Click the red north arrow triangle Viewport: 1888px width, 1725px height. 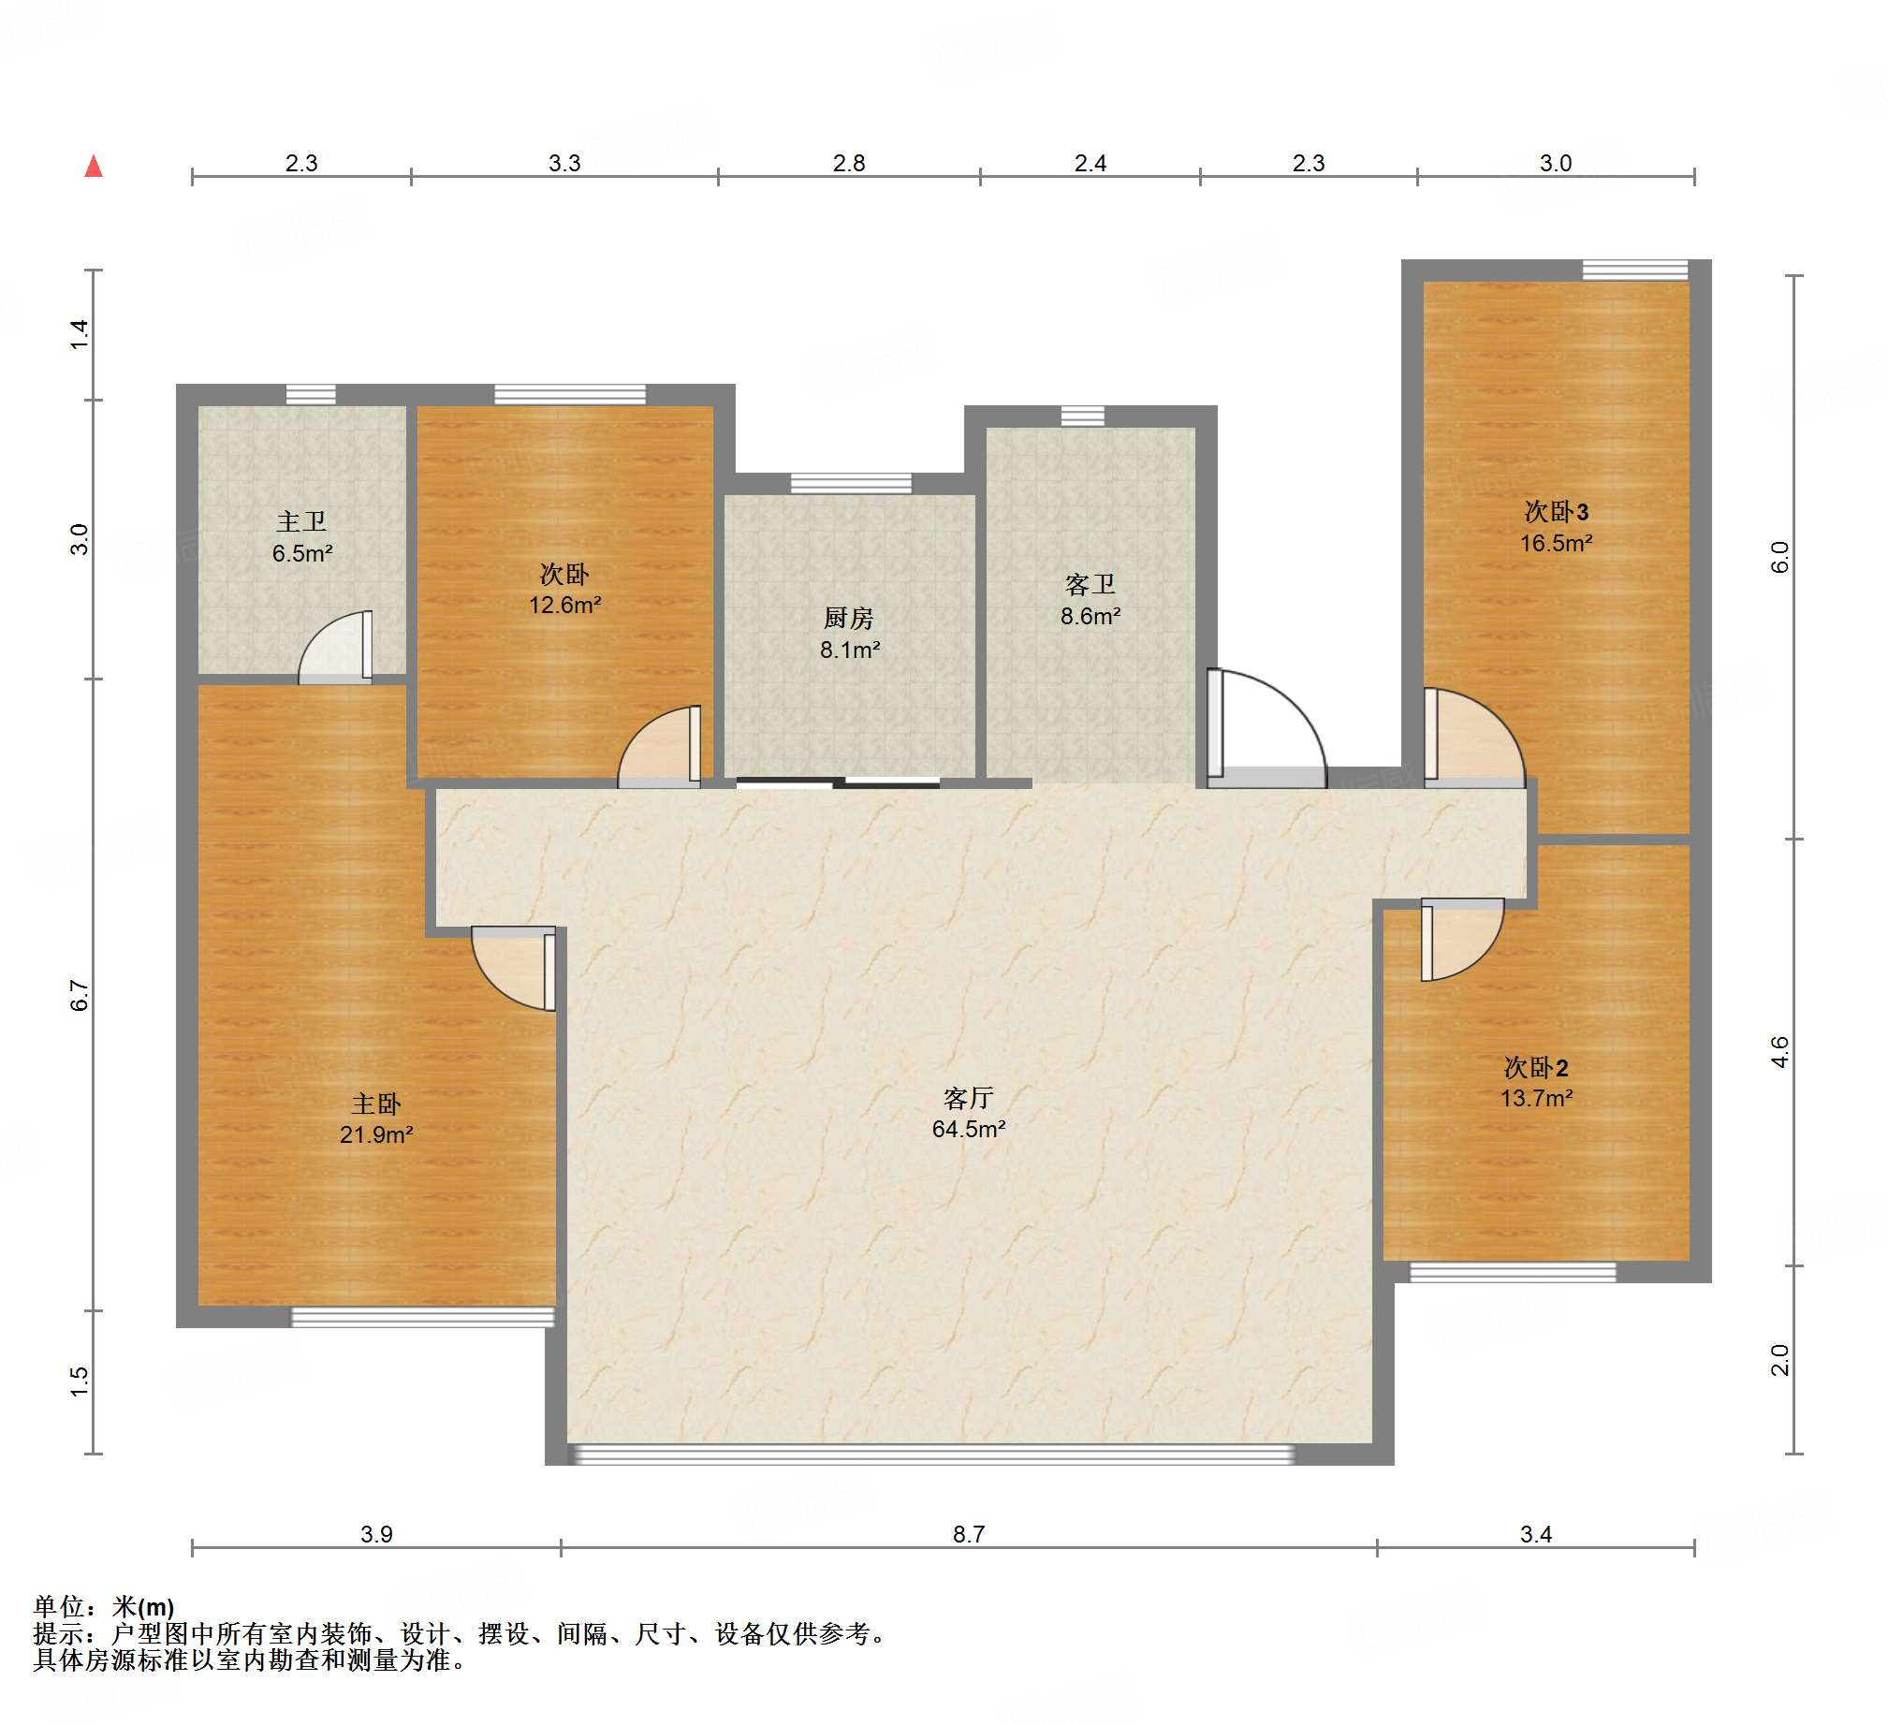(94, 167)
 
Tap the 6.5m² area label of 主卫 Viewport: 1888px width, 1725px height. (302, 553)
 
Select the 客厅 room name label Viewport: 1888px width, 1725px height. (969, 1098)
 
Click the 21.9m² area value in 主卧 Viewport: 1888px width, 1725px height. (376, 1135)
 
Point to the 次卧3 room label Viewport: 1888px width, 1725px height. (1557, 511)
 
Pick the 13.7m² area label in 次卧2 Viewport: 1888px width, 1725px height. (1537, 1099)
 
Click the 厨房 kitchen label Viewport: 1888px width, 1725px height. (848, 618)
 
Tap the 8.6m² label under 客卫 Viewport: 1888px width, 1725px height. (1090, 616)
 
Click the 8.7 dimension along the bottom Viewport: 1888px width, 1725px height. (969, 1534)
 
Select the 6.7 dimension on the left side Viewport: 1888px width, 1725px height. (80, 996)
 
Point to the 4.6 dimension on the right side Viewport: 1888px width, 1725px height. (1779, 1052)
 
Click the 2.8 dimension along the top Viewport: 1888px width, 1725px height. (848, 163)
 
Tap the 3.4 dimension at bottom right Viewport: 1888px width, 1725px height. (1536, 1534)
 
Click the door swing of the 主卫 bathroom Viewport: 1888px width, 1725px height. (335, 646)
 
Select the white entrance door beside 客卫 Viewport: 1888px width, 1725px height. (1266, 727)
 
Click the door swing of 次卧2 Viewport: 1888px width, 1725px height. (1462, 940)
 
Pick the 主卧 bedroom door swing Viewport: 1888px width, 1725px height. (513, 969)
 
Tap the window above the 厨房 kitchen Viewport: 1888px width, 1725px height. (850, 483)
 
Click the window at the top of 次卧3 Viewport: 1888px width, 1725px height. (1635, 270)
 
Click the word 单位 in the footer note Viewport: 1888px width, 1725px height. (59, 1607)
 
